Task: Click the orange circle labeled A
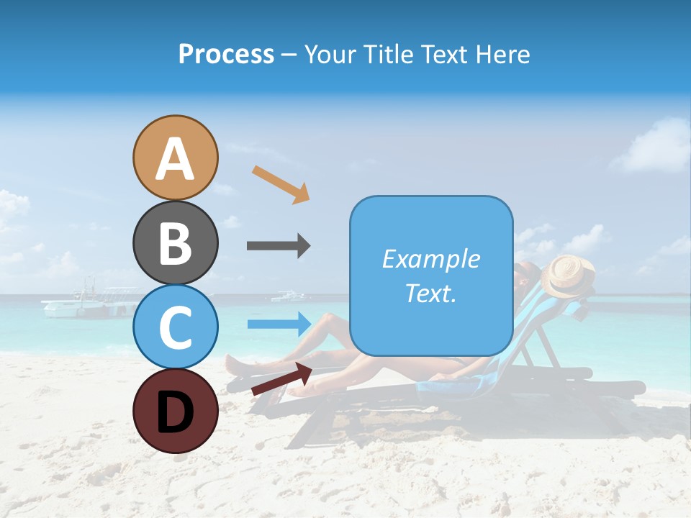[175, 158]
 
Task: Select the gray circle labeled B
[175, 242]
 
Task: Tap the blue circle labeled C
[175, 327]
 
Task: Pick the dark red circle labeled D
[175, 411]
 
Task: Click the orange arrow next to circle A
[280, 184]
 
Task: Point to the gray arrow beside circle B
[279, 246]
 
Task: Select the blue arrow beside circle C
[279, 324]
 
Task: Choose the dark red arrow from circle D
[281, 379]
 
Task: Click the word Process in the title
[226, 54]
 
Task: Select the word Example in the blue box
[430, 259]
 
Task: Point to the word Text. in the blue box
[430, 293]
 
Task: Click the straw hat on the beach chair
[567, 276]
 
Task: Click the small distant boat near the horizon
[290, 296]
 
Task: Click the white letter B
[175, 242]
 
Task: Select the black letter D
[175, 411]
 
